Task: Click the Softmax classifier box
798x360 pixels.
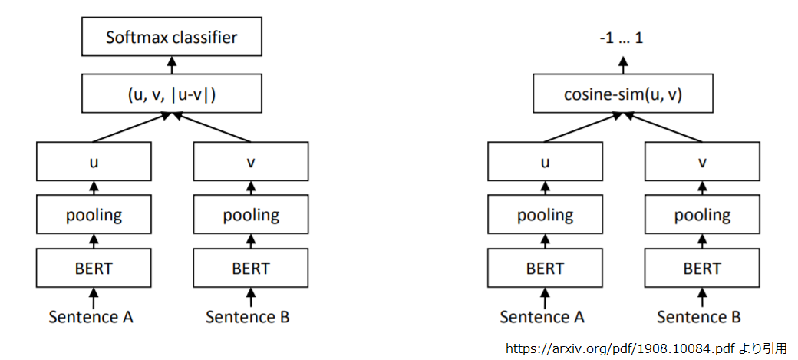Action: click(172, 37)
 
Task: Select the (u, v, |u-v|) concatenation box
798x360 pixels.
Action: click(172, 94)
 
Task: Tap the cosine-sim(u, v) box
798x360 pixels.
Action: click(623, 94)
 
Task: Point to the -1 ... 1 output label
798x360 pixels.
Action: click(622, 37)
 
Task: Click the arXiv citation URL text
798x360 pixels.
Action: click(620, 348)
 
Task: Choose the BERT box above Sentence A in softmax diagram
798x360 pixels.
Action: click(94, 269)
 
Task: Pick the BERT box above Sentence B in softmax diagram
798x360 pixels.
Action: click(250, 269)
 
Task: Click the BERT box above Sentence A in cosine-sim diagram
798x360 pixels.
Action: click(545, 269)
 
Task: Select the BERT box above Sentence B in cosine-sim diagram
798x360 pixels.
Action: click(701, 269)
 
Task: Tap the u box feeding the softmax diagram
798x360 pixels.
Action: click(94, 162)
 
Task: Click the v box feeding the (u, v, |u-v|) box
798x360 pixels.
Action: click(250, 162)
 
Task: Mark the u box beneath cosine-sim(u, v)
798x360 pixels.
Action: click(545, 162)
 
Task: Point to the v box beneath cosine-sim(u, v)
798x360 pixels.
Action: click(701, 162)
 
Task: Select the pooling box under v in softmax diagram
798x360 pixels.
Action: click(250, 215)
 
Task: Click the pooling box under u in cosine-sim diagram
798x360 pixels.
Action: click(545, 215)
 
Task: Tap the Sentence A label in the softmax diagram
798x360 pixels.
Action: click(91, 316)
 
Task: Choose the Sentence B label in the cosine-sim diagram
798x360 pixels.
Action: click(699, 316)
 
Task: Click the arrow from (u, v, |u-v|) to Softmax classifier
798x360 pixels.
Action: click(172, 66)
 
